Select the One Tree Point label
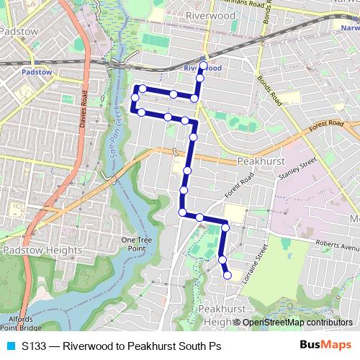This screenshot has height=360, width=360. point(134,244)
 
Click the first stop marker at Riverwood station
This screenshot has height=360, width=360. point(203,66)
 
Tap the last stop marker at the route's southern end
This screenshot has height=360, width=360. point(228,274)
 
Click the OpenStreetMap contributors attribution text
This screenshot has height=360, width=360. point(297,323)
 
